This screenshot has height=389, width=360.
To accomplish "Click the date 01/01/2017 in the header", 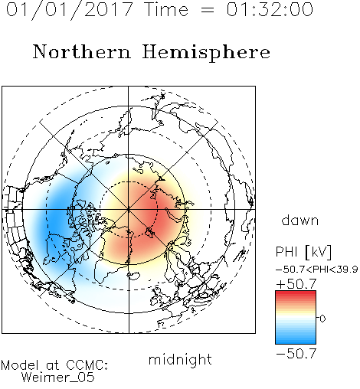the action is click(69, 10).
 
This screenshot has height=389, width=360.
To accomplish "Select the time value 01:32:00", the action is click(270, 9).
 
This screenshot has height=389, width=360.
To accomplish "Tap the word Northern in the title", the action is click(82, 51).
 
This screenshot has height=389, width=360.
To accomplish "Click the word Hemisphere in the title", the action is click(206, 53).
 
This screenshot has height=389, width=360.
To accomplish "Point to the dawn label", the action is click(300, 220).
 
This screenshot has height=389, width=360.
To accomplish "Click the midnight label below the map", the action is click(180, 361).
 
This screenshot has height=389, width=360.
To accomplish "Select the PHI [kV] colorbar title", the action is click(303, 252).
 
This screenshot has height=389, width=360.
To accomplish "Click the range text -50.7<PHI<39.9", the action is click(316, 270).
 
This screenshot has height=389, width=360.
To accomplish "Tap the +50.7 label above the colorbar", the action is click(296, 284).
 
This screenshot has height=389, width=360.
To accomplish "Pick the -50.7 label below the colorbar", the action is click(296, 354).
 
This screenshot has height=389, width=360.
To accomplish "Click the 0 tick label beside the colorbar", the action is click(322, 319).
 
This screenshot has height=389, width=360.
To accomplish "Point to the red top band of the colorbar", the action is click(296, 294).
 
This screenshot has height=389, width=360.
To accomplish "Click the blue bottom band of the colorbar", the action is click(296, 341).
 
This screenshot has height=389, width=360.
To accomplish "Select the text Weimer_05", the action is click(58, 378).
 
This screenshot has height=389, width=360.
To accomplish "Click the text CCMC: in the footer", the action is click(87, 365).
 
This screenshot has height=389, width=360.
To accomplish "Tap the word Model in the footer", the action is click(20, 365).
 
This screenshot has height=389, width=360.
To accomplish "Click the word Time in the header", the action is click(166, 10).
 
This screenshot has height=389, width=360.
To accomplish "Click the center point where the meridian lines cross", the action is click(129, 209).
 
